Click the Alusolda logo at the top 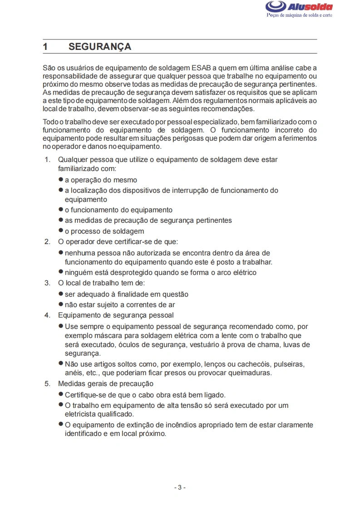pos(299,7)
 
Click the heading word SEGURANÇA pos(100,47)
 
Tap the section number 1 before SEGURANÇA pos(45,47)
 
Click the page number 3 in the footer pos(180,487)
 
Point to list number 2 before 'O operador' pos(47,241)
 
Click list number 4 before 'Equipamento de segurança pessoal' pos(47,315)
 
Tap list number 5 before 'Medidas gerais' pos(47,384)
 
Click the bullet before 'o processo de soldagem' pos(60,230)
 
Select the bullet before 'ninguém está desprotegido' pos(60,272)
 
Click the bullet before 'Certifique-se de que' pos(60,394)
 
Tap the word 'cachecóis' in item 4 pos(253,364)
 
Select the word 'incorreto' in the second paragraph pos(284,130)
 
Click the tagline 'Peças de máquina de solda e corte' pos(299,15)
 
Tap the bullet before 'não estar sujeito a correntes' pos(60,304)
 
